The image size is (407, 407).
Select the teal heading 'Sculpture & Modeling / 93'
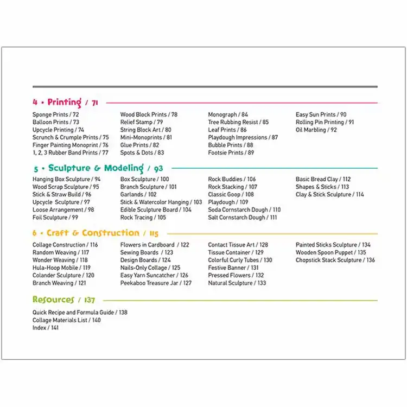tap(98, 168)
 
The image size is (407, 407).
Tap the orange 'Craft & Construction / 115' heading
tap(95, 233)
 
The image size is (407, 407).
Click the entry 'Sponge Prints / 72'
tap(55, 115)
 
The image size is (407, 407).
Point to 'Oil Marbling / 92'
tap(316, 130)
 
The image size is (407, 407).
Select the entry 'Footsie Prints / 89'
tap(231, 153)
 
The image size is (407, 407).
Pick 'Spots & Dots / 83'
tap(142, 153)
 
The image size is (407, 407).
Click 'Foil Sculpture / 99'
tap(55, 218)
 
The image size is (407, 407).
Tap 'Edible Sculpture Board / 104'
tap(156, 210)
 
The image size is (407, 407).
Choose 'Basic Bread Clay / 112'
tap(323, 179)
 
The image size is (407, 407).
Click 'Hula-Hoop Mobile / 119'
tap(61, 268)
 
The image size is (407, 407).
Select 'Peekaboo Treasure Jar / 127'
tap(156, 283)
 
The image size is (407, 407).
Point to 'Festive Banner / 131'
tap(233, 268)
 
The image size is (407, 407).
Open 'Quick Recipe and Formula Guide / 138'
tap(80, 313)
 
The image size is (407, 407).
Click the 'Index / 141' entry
tap(46, 328)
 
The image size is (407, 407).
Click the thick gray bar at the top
tap(205, 87)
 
